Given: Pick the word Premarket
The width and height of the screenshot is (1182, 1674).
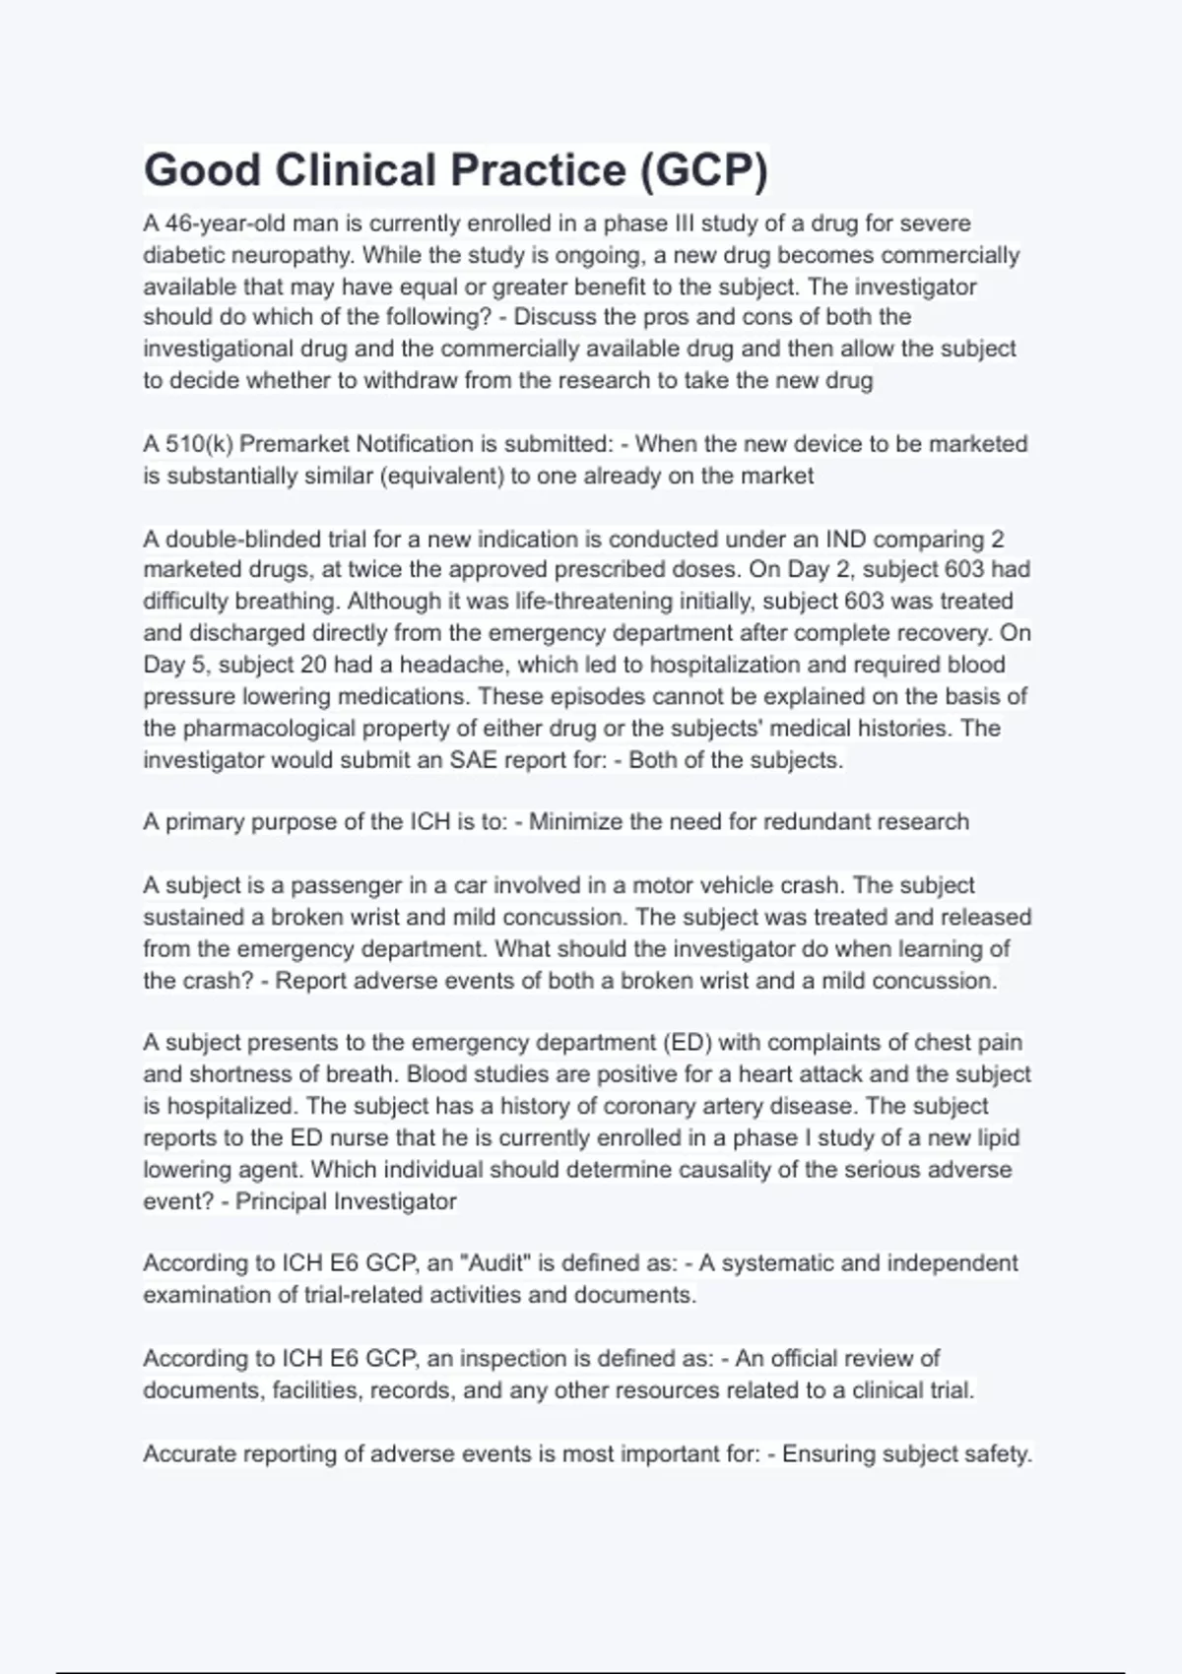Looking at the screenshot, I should pyautogui.click(x=294, y=444).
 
